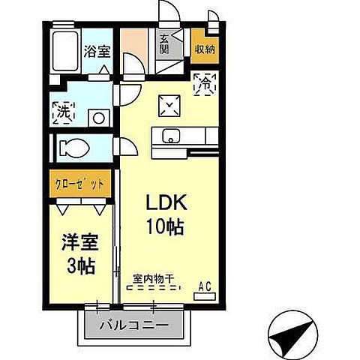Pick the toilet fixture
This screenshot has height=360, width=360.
point(74,146)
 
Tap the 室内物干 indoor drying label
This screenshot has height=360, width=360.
point(153,278)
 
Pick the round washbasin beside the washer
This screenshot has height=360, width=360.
point(97,117)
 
